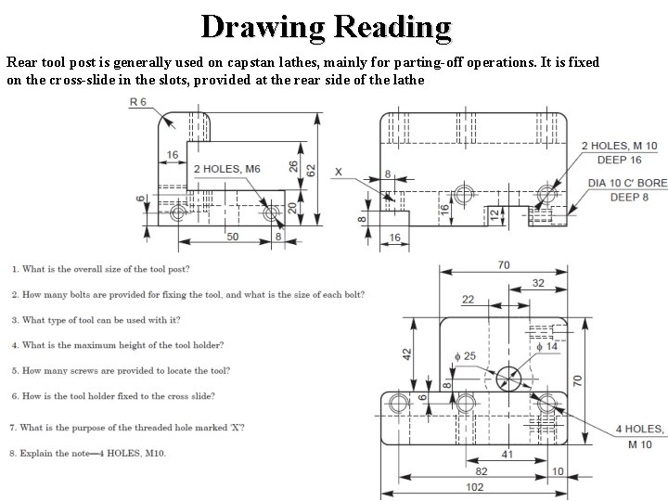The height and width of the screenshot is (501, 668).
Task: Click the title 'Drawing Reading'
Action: point(326,26)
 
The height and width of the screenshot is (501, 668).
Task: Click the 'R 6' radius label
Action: point(138,102)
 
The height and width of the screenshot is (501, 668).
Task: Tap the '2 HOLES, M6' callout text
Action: point(227,169)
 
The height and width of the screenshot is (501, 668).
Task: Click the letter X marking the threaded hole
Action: point(338,172)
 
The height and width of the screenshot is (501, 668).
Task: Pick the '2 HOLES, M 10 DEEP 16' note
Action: point(619,152)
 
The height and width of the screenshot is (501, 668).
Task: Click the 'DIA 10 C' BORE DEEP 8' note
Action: point(627,189)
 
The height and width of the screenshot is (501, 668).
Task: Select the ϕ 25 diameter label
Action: point(465,355)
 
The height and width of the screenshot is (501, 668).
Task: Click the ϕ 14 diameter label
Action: point(547,345)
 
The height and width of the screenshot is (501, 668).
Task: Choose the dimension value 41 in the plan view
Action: point(506,454)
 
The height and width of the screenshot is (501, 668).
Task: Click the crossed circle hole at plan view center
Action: point(507,377)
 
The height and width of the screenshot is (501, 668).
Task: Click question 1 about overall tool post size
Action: point(101,269)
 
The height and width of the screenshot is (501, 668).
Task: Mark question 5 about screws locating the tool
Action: point(121,370)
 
